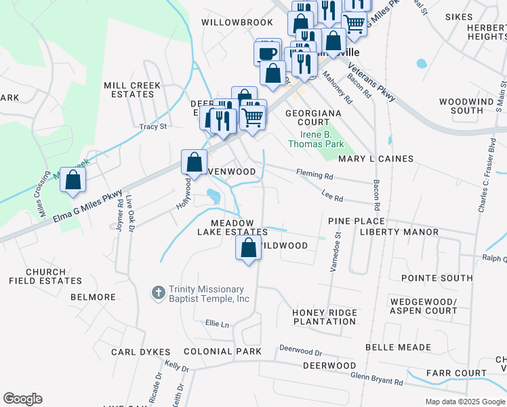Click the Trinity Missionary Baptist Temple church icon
(157, 292)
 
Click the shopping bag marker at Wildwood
(249, 248)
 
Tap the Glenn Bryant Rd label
(376, 379)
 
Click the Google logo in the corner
(22, 399)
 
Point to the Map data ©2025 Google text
(464, 402)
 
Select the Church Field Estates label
(45, 276)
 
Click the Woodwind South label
(470, 106)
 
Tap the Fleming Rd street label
(315, 175)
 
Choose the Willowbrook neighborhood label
(237, 22)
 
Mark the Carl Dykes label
(140, 352)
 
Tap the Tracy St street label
(153, 127)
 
